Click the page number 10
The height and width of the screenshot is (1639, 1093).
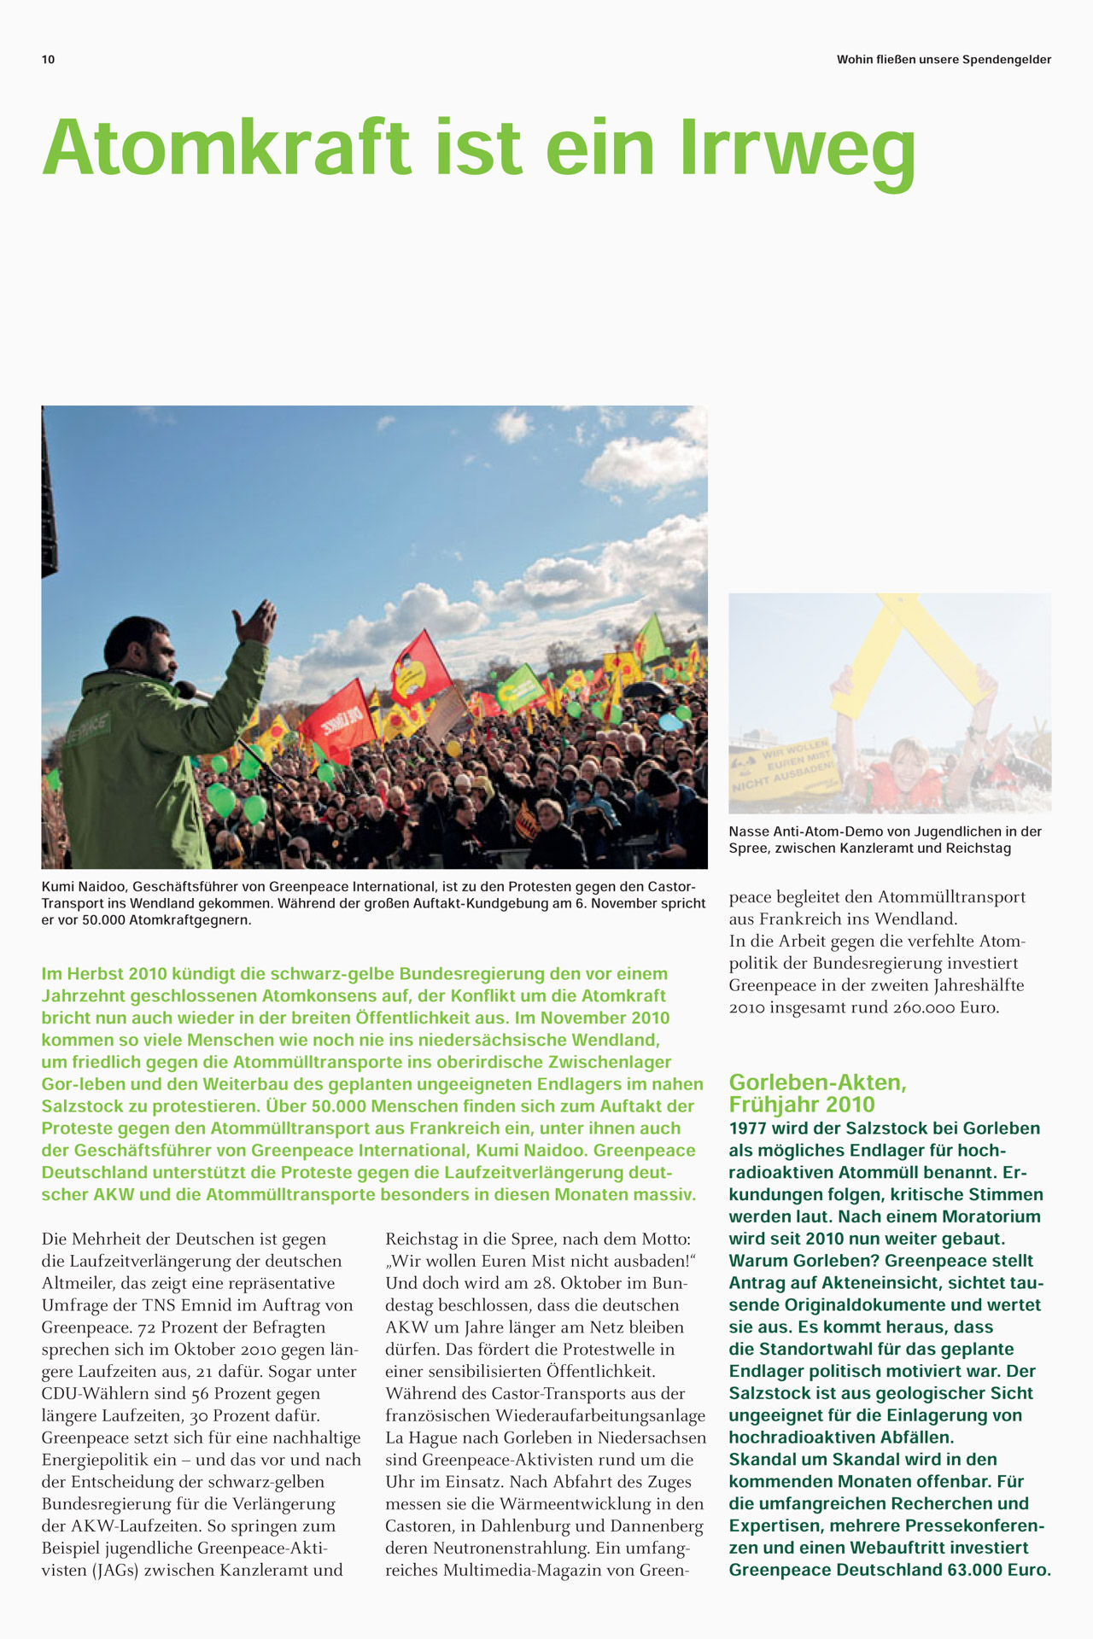point(48,60)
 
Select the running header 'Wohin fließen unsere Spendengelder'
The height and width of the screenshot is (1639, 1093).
point(944,60)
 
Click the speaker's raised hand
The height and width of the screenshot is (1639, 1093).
point(257,621)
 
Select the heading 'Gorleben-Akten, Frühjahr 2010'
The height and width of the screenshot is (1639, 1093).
point(817,1094)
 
